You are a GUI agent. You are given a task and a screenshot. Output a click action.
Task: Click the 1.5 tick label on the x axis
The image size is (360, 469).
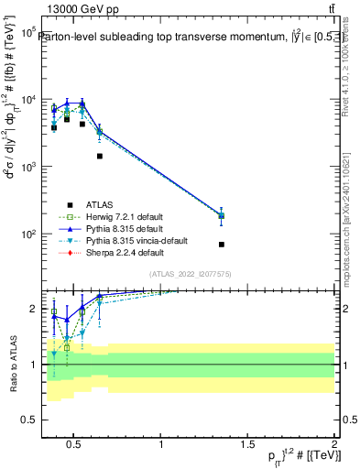pyautogui.click(x=247, y=446)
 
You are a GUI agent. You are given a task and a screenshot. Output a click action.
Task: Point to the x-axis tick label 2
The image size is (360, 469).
pyautogui.click(x=333, y=446)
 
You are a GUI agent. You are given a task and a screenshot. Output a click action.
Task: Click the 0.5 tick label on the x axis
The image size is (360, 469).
pyautogui.click(x=75, y=446)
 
